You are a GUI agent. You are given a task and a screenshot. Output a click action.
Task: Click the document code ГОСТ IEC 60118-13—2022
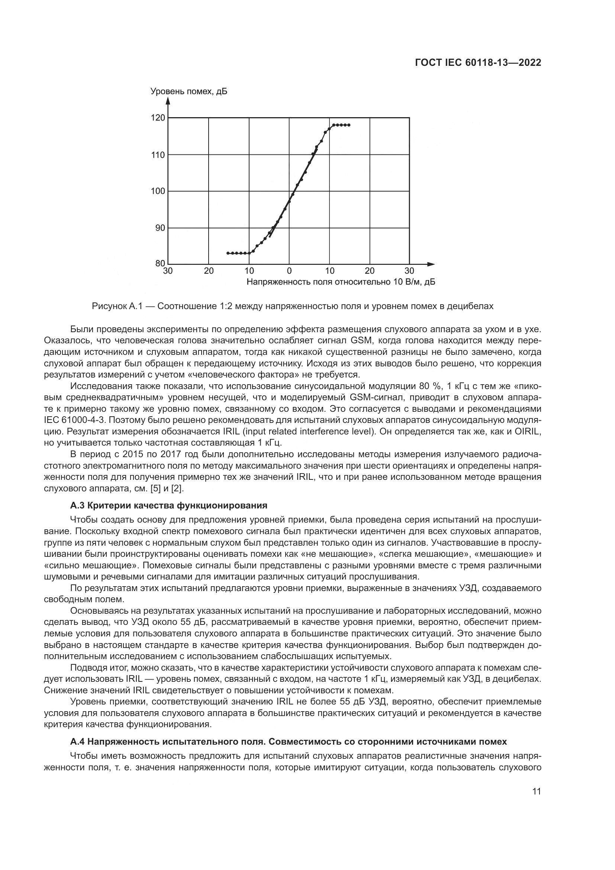478,63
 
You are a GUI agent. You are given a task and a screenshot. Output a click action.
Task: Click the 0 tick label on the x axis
289,271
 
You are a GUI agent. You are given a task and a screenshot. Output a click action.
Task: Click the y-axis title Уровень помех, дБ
189,92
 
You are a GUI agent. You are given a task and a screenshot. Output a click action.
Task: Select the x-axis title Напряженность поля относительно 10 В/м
340,282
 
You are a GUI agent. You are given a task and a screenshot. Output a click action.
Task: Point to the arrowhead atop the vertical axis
168,100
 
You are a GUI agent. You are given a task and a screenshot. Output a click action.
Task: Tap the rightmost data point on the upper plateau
349,125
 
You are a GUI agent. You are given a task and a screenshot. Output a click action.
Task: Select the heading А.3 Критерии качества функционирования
168,505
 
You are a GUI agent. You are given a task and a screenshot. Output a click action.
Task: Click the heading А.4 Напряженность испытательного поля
288,741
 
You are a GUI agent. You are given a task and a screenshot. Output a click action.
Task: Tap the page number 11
536,792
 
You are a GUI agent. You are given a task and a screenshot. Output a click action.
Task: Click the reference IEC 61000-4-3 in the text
75,420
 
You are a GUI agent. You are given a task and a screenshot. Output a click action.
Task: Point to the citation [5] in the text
156,488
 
